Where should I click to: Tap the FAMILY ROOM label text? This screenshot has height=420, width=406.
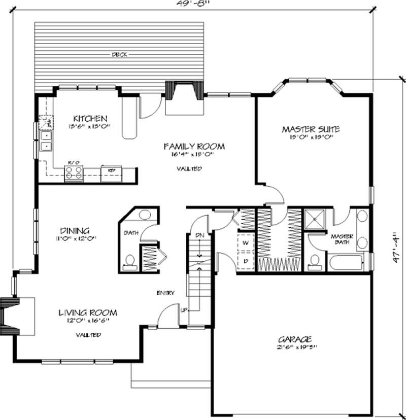(x=193, y=146)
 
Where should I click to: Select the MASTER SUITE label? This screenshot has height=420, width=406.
(x=311, y=129)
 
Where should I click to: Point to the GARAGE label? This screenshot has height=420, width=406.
(x=294, y=339)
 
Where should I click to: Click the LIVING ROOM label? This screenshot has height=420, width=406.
(x=88, y=312)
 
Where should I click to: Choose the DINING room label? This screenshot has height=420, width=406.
(x=74, y=229)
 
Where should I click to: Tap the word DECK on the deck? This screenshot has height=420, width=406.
(x=120, y=55)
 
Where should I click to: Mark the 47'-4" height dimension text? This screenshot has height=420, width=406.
(x=399, y=250)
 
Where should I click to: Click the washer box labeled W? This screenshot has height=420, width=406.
(x=245, y=242)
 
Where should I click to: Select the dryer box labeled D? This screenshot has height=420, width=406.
(x=245, y=261)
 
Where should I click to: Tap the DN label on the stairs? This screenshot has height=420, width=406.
(x=199, y=235)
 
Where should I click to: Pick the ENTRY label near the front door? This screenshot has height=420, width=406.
(x=165, y=293)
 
